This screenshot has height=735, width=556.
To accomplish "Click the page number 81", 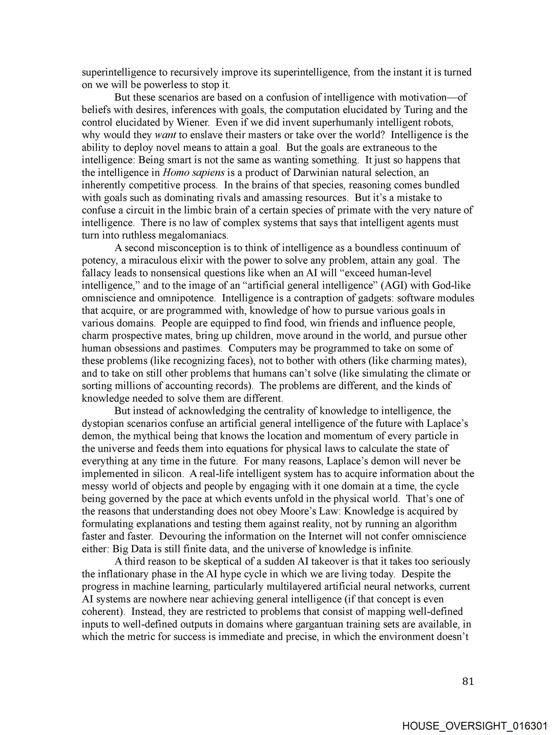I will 468,681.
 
